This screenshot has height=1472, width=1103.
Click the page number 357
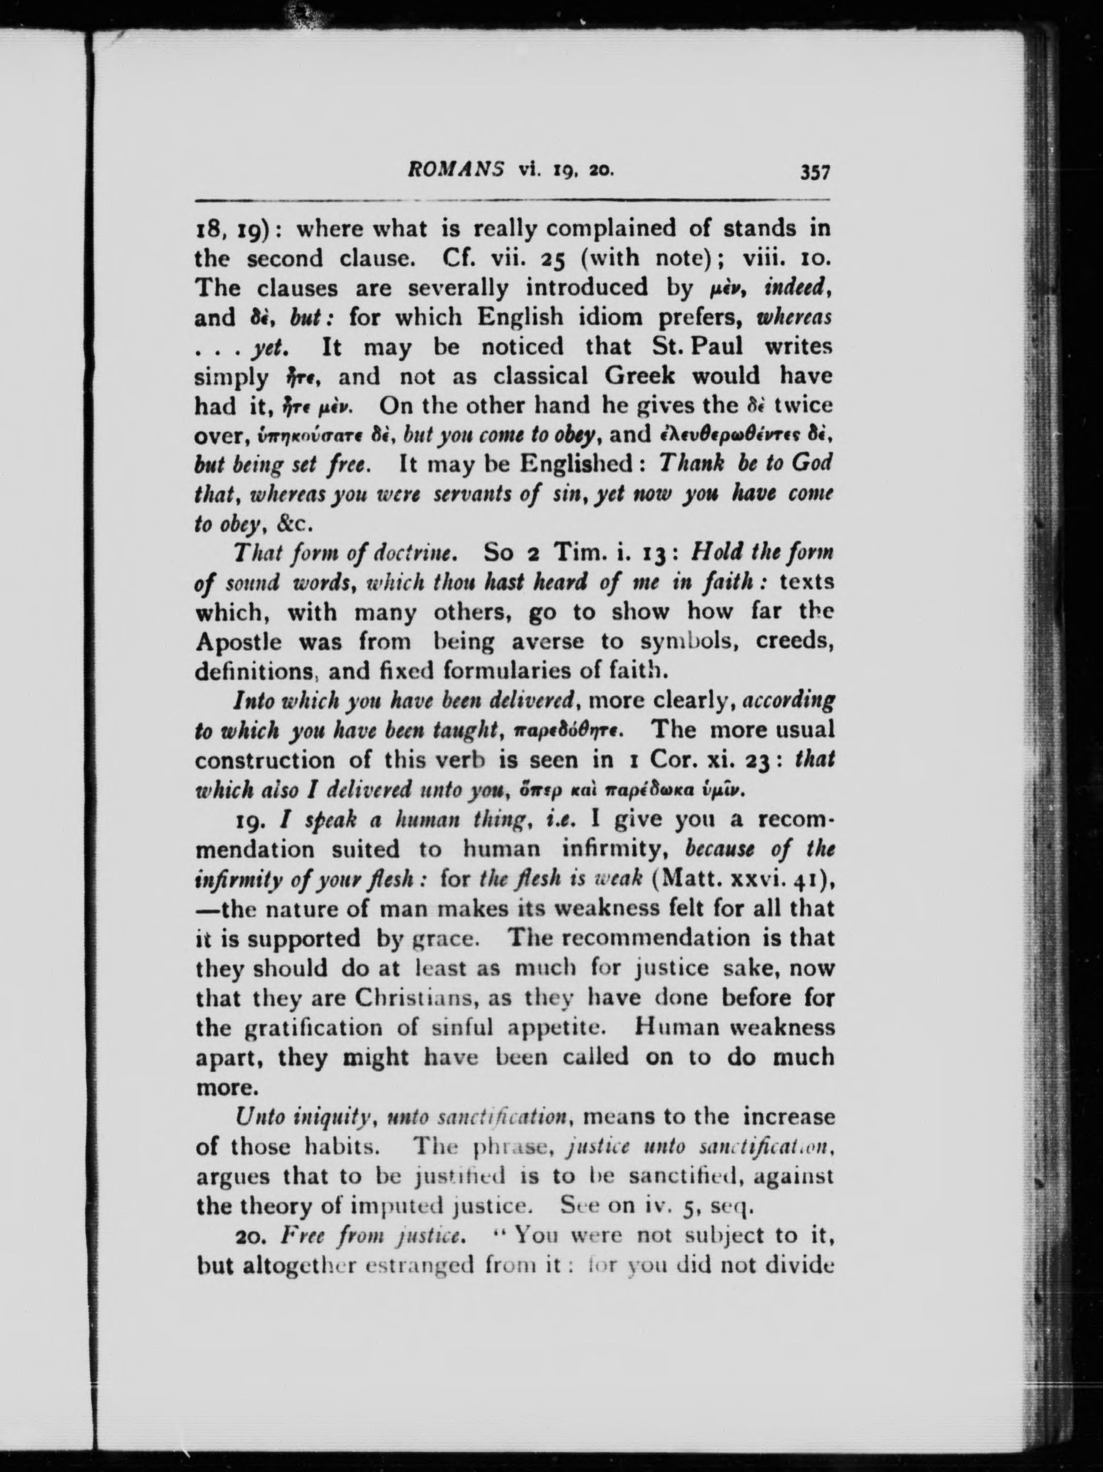[x=815, y=173]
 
